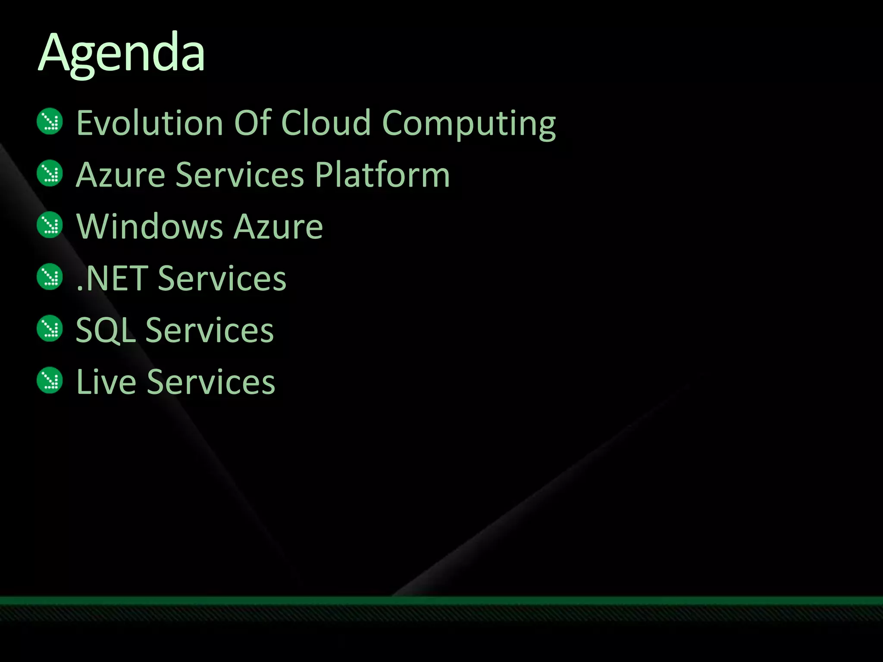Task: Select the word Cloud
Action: pos(326,123)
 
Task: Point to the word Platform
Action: pos(382,175)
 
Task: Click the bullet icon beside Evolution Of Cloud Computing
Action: pos(50,122)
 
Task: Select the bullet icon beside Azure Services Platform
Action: pos(50,173)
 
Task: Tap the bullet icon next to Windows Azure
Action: pos(50,225)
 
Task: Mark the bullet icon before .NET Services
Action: pos(50,277)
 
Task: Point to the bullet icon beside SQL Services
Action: pos(50,329)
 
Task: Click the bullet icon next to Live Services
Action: pos(50,381)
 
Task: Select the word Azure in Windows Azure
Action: pos(278,227)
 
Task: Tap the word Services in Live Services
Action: pos(211,382)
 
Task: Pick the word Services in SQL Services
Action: pos(210,330)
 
